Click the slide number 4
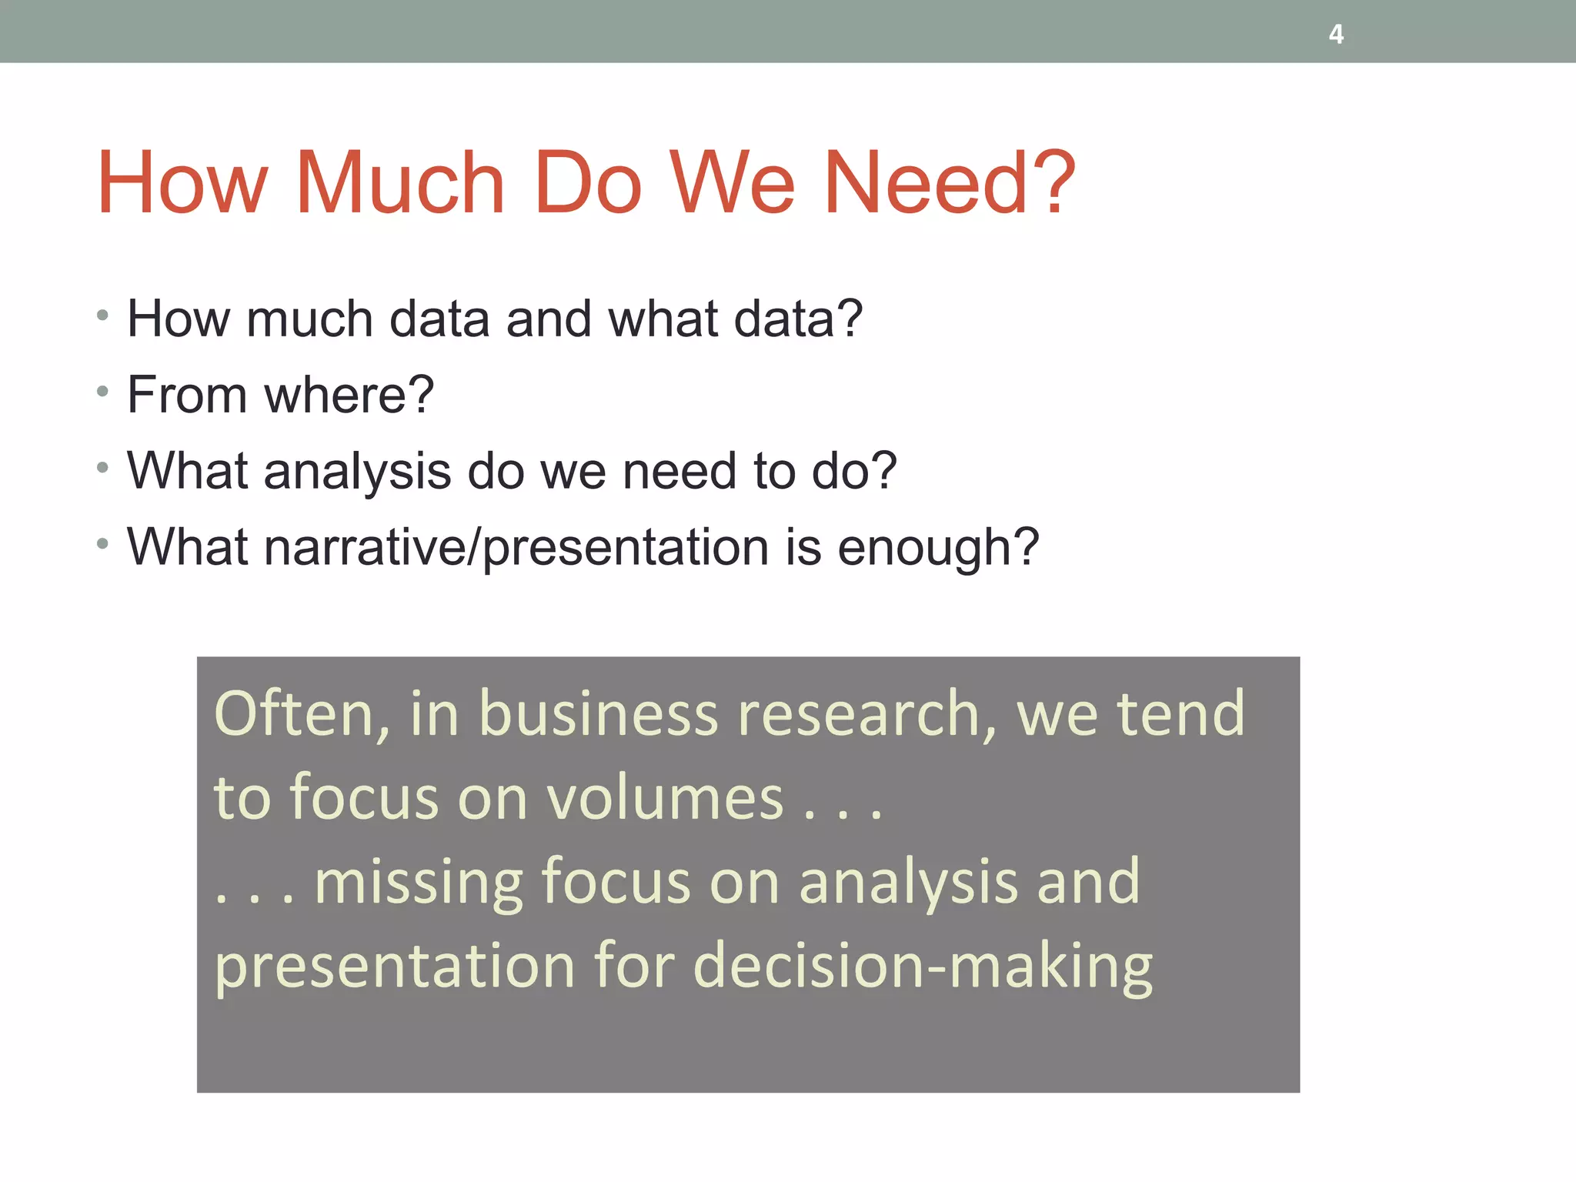(1336, 35)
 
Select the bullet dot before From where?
(103, 392)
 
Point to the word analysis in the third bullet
(357, 471)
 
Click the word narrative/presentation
(516, 548)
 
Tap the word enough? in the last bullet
(938, 548)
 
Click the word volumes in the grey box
(665, 798)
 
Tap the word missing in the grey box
(419, 882)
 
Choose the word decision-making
(923, 967)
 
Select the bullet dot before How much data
(103, 316)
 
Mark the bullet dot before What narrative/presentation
(103, 545)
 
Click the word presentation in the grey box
(395, 967)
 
